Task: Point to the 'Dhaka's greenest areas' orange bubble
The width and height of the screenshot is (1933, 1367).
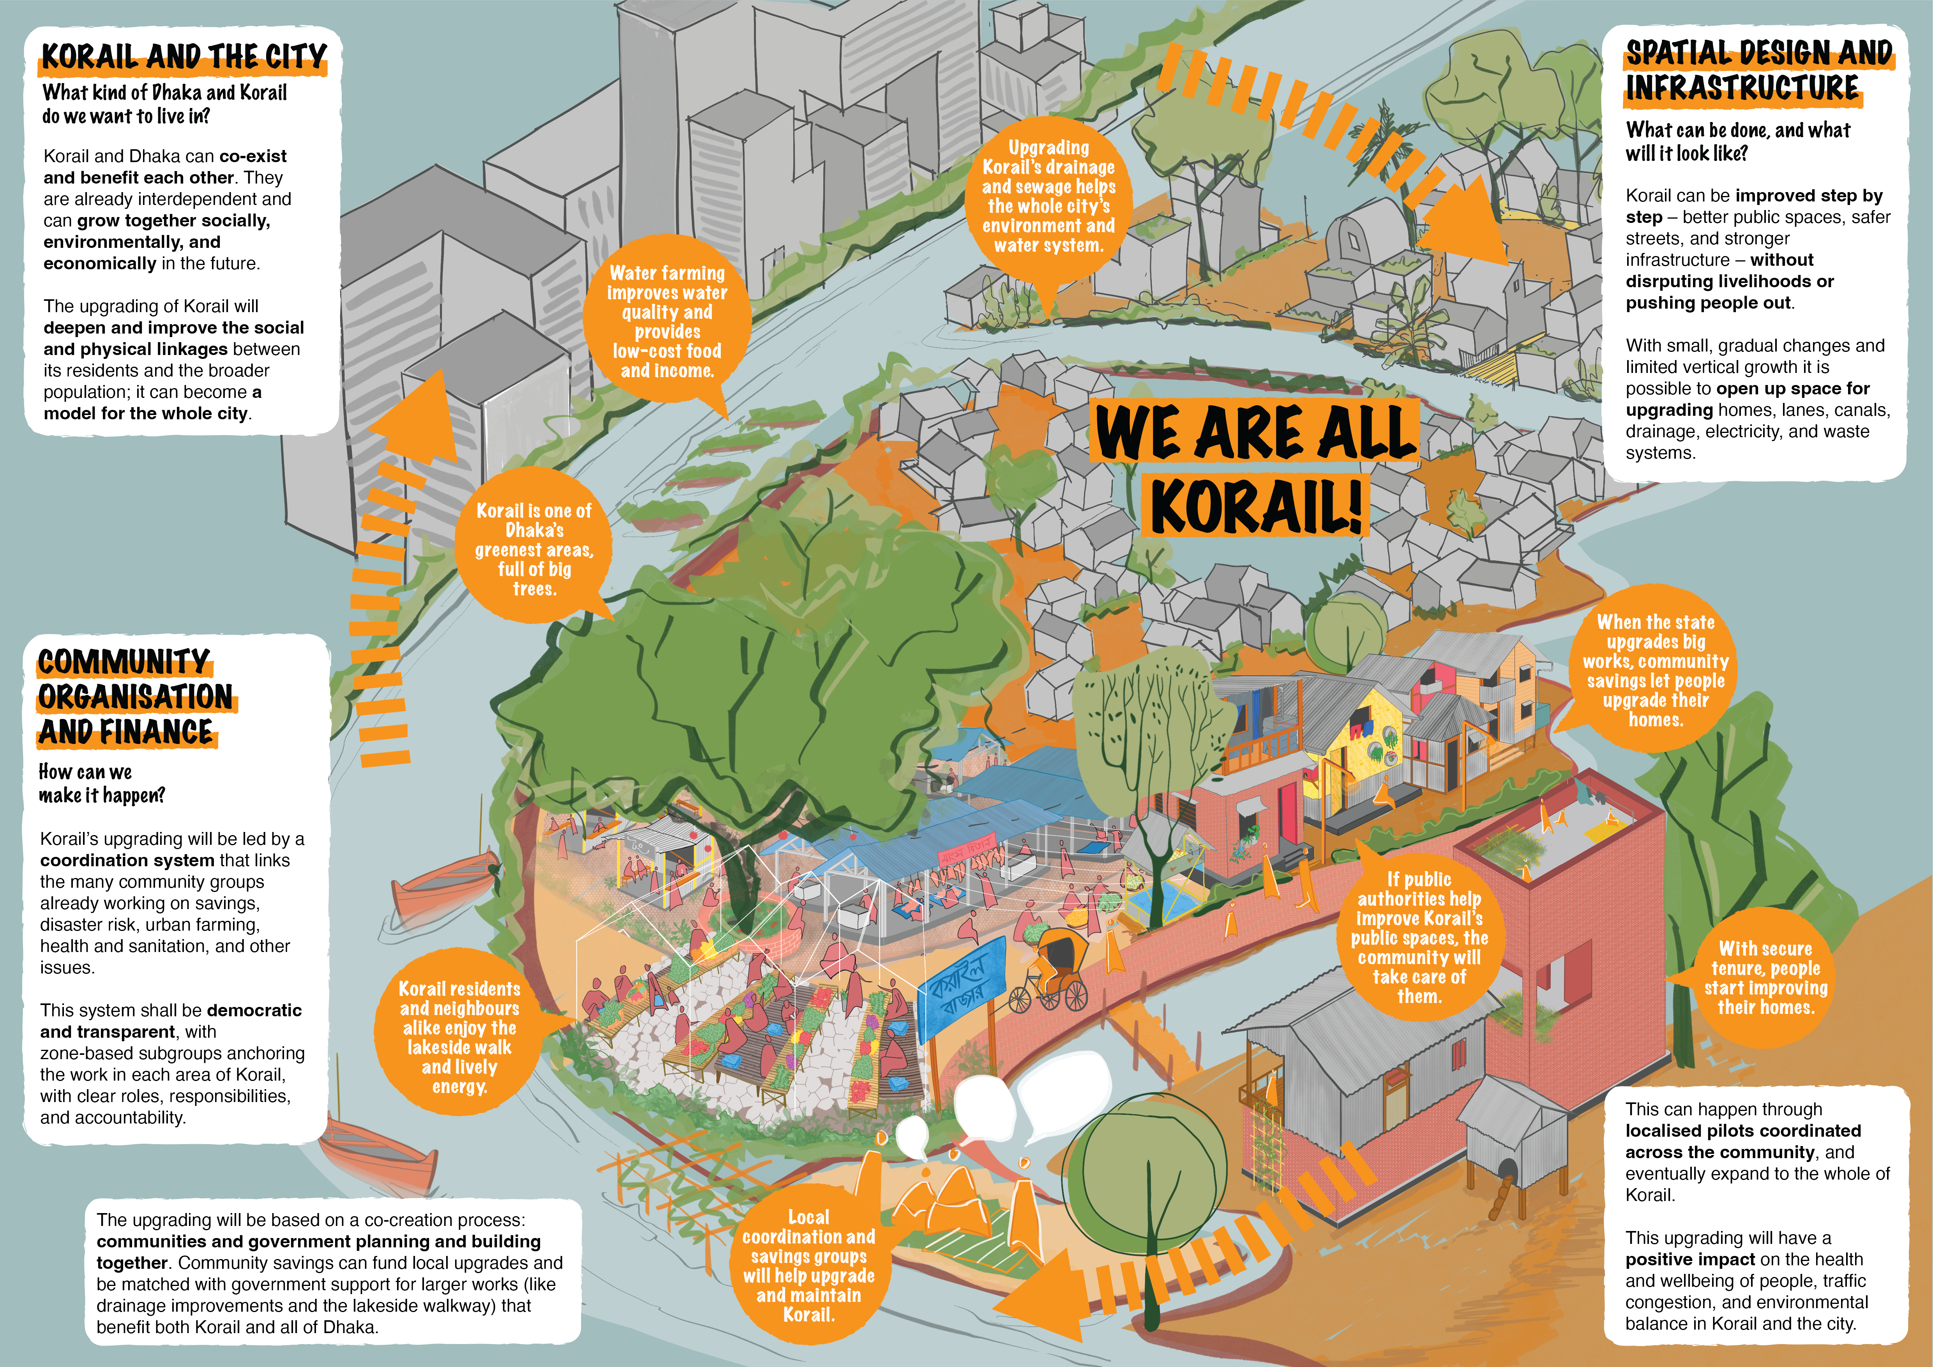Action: (x=534, y=547)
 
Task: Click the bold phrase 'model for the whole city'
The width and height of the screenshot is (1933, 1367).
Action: (x=147, y=413)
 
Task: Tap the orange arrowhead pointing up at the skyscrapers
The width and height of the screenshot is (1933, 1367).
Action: (x=413, y=419)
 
